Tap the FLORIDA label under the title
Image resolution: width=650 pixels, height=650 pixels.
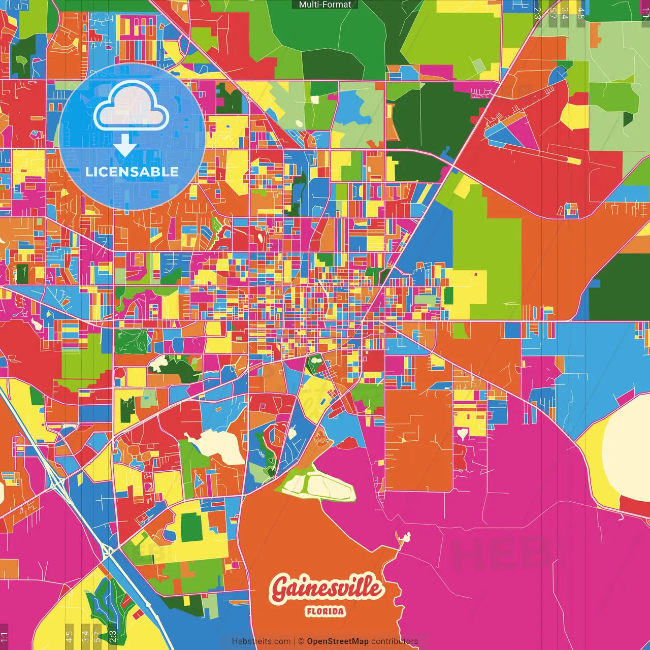coord(326,611)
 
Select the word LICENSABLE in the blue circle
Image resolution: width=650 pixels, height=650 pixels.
coord(132,172)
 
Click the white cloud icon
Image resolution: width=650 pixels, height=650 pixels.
coord(132,106)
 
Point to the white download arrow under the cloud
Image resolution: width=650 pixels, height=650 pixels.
coord(125,144)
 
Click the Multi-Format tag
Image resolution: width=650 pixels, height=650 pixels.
coord(325,5)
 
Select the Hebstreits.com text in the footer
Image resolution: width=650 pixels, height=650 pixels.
coord(261,641)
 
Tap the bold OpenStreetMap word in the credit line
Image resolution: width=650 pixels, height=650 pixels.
coord(337,641)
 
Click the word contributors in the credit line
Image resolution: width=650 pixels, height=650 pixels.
coord(395,641)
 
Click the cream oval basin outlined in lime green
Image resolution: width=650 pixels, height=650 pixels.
coord(319,486)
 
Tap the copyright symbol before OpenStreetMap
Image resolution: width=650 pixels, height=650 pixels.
coord(301,641)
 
